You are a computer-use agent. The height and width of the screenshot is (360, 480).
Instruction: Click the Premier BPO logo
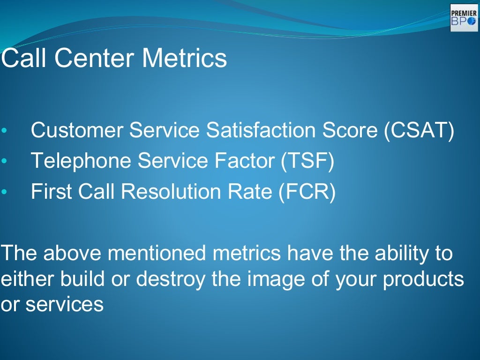click(x=464, y=18)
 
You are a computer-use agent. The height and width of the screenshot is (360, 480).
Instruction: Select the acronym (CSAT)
click(x=419, y=131)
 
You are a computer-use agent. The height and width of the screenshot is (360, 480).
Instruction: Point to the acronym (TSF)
click(x=307, y=161)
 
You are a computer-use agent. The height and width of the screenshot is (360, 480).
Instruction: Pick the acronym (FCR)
click(x=307, y=192)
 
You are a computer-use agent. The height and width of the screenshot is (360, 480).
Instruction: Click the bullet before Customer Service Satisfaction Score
click(x=4, y=131)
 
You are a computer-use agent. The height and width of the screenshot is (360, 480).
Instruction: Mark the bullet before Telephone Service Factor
click(x=4, y=162)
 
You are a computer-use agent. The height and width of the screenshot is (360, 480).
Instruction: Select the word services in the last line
click(x=64, y=305)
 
